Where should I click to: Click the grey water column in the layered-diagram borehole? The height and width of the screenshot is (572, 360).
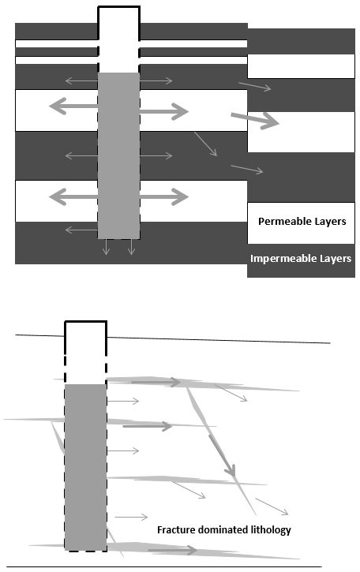tap(118, 155)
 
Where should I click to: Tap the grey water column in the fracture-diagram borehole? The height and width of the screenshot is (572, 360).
tap(85, 467)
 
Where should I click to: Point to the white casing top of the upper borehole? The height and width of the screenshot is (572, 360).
tap(118, 23)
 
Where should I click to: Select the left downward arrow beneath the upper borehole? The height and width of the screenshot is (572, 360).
tap(107, 247)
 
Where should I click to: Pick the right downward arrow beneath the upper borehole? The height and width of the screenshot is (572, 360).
tap(131, 247)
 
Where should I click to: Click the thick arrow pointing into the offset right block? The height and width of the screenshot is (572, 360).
tap(255, 120)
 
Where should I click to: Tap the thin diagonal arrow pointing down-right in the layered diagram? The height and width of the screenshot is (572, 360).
tap(205, 144)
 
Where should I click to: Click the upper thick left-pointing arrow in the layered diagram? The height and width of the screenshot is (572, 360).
tap(73, 107)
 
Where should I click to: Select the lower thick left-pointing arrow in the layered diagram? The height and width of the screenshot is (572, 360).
tap(73, 197)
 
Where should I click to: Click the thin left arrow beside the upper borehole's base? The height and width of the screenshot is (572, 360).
tap(82, 230)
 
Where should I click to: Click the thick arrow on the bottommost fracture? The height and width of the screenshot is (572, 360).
tap(172, 550)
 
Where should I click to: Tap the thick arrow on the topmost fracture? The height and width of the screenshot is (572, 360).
tap(156, 382)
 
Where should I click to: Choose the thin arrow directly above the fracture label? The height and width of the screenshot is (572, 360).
tap(131, 517)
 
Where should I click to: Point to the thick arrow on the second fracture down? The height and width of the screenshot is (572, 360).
tap(148, 426)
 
